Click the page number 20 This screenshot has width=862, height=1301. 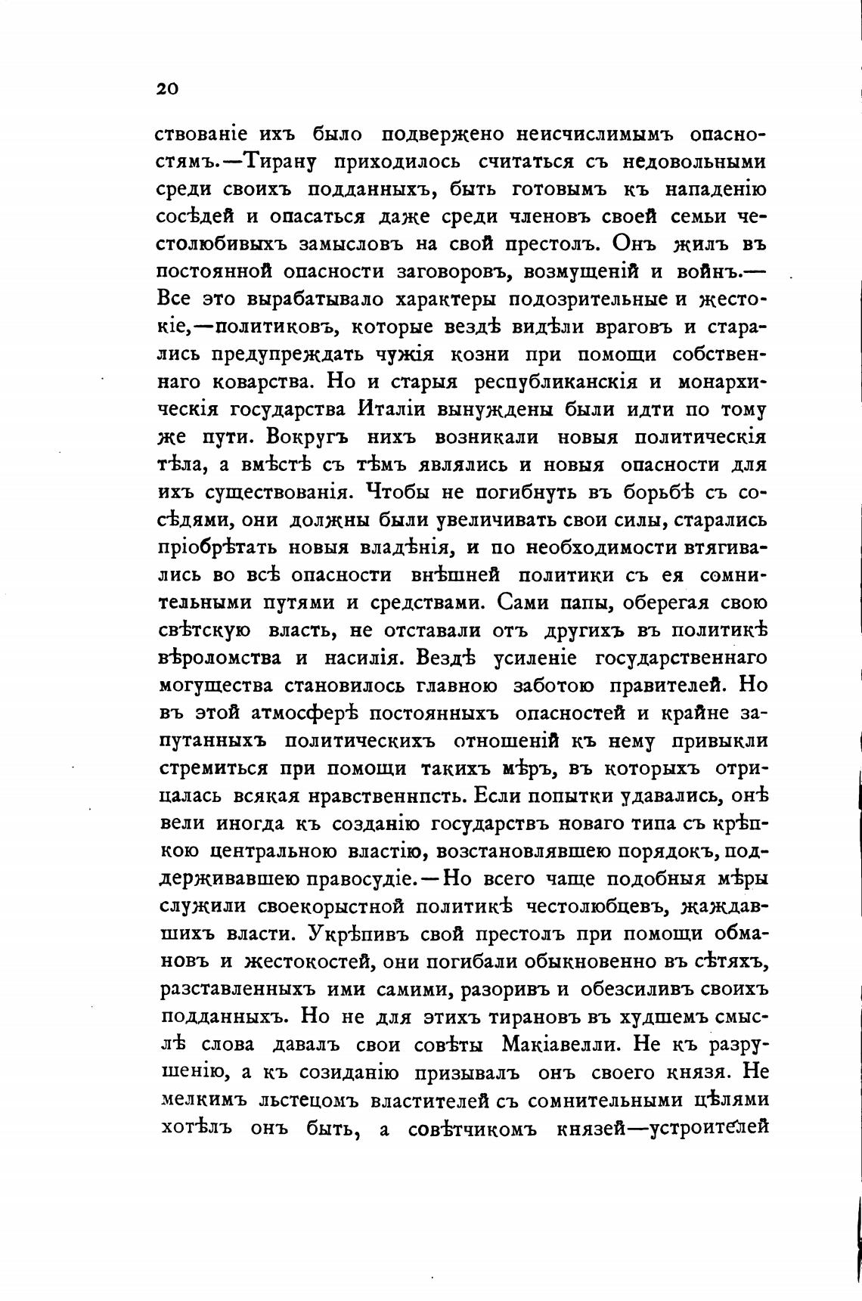point(167,89)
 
